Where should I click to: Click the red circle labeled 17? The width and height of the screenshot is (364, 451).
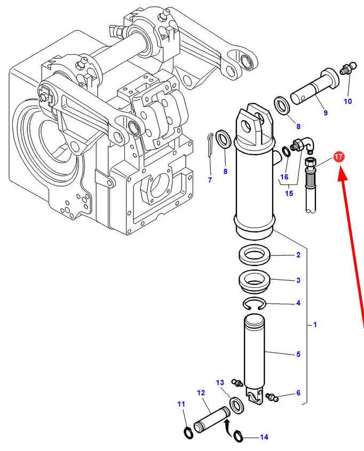click(338, 157)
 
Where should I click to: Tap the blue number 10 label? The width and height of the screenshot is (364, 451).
click(348, 101)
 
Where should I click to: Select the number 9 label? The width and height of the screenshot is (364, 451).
click(326, 113)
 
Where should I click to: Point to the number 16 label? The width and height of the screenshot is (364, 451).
click(284, 177)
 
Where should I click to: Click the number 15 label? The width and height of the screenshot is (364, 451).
click(289, 194)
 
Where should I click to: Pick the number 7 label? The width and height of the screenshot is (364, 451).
click(210, 180)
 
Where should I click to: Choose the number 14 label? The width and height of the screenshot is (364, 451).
click(264, 438)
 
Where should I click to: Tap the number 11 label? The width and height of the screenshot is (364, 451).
click(181, 405)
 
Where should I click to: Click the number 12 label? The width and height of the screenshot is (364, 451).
click(201, 393)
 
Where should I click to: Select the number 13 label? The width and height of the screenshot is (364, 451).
click(220, 383)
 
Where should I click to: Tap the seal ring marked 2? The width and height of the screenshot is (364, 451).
click(254, 255)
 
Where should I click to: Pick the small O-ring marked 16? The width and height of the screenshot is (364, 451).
click(286, 151)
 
